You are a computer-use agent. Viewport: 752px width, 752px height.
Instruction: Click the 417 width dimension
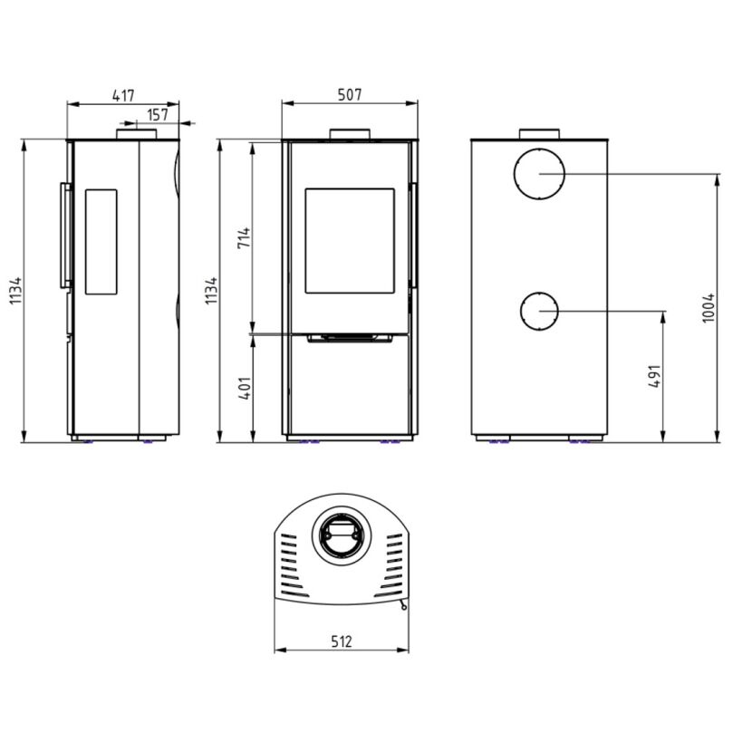pyautogui.click(x=123, y=95)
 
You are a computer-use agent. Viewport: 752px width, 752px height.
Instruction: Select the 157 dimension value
pyautogui.click(x=158, y=115)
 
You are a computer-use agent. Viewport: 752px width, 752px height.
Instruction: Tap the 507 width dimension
pyautogui.click(x=350, y=94)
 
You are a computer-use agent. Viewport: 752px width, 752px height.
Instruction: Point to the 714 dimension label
pyautogui.click(x=244, y=238)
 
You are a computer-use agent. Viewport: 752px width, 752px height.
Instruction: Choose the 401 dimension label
pyautogui.click(x=244, y=389)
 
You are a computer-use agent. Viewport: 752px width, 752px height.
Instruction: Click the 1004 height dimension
pyautogui.click(x=709, y=308)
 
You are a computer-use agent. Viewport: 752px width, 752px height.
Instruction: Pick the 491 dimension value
pyautogui.click(x=655, y=376)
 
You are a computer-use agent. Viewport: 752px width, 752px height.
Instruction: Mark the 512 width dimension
pyautogui.click(x=342, y=641)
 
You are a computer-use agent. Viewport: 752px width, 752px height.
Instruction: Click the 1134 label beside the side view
pyautogui.click(x=15, y=291)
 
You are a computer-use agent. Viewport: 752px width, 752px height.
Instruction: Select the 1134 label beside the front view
pyautogui.click(x=211, y=291)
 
